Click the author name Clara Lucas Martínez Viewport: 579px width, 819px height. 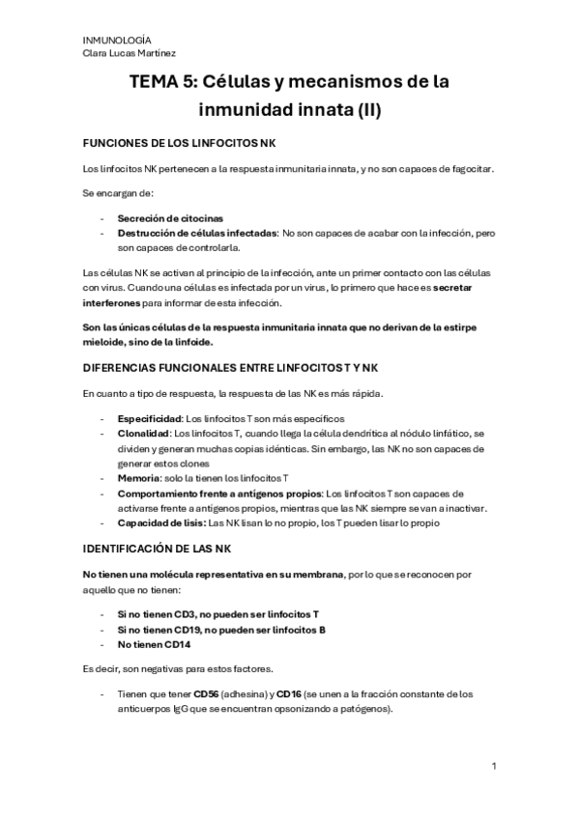pos(130,53)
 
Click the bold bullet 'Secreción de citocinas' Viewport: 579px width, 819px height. pos(170,218)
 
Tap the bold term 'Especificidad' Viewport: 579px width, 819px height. pos(149,418)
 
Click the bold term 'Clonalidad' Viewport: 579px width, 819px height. pos(143,434)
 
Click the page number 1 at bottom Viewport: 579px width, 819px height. pos(493,768)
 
